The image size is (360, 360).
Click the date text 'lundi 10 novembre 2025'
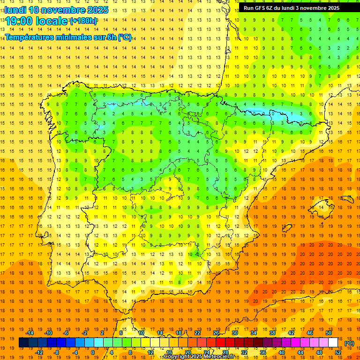(56, 10)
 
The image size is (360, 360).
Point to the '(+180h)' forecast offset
(83, 21)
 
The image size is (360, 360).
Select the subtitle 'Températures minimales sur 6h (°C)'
(68, 37)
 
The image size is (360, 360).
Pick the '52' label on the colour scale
(338, 352)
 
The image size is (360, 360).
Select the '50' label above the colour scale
(329, 333)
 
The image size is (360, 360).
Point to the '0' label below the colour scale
(93, 352)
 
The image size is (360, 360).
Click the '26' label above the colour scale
(216, 333)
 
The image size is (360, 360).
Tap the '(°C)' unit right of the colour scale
(349, 343)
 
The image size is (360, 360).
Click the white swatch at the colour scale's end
(333, 343)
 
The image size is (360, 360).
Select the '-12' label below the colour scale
(39, 352)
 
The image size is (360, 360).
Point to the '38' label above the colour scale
(272, 333)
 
